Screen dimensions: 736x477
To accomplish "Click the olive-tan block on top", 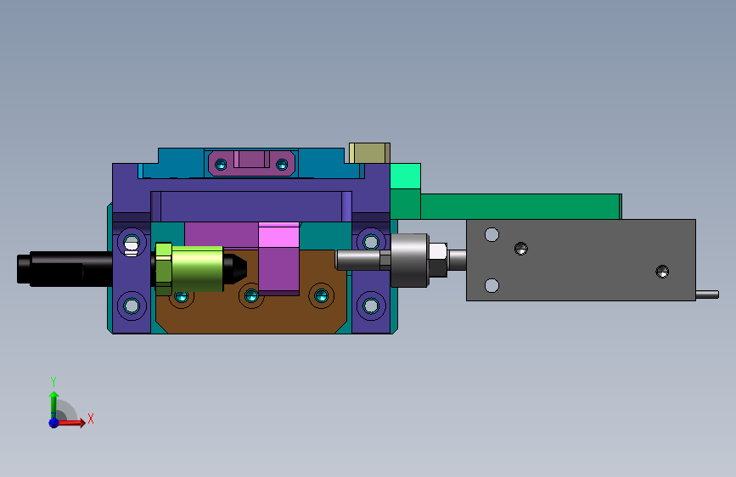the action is (x=369, y=153).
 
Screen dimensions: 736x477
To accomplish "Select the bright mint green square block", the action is (x=406, y=176).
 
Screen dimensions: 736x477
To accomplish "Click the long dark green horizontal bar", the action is (x=521, y=206).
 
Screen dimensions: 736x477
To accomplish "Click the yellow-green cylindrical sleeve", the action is (x=197, y=268).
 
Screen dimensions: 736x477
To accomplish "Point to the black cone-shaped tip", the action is (x=235, y=268).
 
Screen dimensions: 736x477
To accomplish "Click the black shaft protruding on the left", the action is (x=65, y=268).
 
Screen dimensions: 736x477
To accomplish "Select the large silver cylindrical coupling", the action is (x=409, y=260).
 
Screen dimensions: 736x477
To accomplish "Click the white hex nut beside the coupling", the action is (x=438, y=251).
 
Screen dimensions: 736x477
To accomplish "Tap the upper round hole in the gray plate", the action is (x=492, y=234).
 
